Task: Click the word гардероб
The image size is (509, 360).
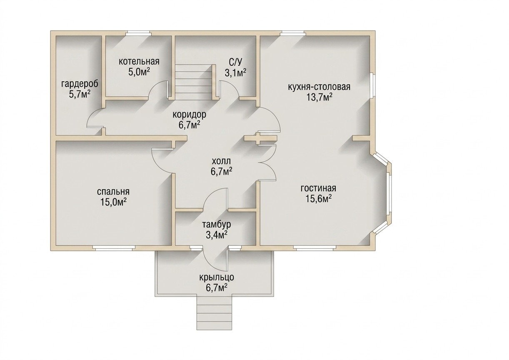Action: (x=80, y=84)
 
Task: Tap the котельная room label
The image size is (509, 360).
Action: (x=139, y=61)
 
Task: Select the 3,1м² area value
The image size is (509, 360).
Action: (x=236, y=73)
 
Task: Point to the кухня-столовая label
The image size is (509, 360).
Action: (x=319, y=87)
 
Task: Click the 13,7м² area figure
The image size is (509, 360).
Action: (x=319, y=97)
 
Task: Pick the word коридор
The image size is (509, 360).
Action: (x=189, y=115)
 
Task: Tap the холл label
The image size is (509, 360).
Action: (x=221, y=161)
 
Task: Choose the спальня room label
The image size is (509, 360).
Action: (x=113, y=192)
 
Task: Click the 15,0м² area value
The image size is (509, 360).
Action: (x=114, y=202)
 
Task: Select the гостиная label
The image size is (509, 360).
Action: (x=318, y=188)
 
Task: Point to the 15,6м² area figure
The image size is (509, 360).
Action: (x=318, y=199)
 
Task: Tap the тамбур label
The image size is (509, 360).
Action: (x=217, y=225)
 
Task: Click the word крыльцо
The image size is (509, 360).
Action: (x=217, y=277)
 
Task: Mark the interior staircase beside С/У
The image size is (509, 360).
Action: (x=193, y=82)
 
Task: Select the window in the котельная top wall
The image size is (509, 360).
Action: (x=139, y=33)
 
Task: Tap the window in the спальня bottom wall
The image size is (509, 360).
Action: (x=114, y=248)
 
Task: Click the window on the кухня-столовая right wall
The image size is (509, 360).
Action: (x=371, y=86)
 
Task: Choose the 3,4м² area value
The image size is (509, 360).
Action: (x=217, y=235)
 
